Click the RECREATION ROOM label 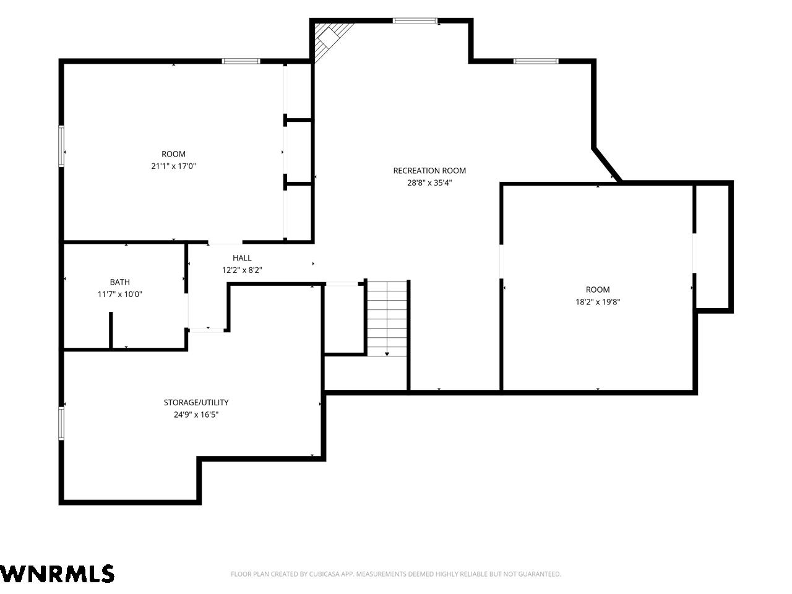429,171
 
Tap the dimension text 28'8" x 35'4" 429,183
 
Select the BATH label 120,282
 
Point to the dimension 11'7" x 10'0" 120,295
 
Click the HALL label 242,258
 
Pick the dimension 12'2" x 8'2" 242,270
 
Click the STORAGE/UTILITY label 196,402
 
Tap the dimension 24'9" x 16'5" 196,415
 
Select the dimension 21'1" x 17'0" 173,166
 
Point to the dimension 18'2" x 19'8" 598,302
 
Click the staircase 387,319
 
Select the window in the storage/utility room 61,423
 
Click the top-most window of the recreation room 415,20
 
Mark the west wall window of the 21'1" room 61,146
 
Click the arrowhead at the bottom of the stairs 387,354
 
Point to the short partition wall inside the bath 111,330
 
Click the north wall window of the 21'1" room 241,61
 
